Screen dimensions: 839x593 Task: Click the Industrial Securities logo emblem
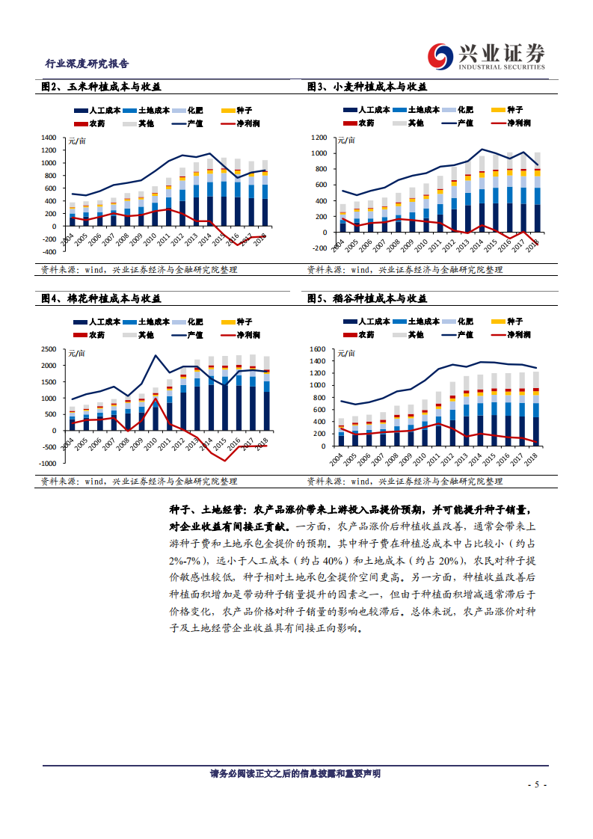tap(440, 57)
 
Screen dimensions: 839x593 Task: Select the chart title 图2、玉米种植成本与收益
tap(101, 87)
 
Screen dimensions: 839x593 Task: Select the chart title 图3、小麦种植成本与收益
tap(367, 87)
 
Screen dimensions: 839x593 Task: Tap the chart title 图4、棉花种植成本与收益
tap(101, 298)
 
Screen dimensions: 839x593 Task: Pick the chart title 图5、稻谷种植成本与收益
tap(367, 298)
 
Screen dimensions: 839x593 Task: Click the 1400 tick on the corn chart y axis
tap(49, 138)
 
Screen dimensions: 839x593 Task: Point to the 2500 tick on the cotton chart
tap(49, 349)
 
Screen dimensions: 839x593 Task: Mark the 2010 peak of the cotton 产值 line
tap(156, 355)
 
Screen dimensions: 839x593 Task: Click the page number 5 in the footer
tap(538, 785)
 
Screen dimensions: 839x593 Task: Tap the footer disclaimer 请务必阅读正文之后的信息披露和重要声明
tap(295, 774)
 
